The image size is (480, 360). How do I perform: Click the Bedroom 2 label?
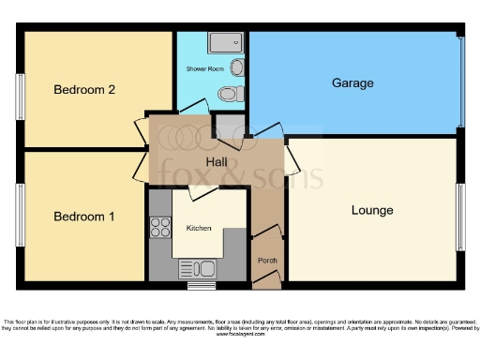pos(83,90)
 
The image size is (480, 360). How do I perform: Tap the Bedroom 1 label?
pos(83,217)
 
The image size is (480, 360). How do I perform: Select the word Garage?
pos(352,83)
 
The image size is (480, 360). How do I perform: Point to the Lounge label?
pos(372,210)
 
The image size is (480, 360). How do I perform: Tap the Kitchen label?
pos(199,228)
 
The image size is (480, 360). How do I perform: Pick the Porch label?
pos(267,260)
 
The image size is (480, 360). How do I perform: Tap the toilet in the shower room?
pos(228,93)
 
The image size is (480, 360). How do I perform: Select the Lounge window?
pos(460,211)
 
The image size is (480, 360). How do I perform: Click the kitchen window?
pos(200,284)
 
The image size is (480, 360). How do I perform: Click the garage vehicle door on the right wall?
pos(460,82)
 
